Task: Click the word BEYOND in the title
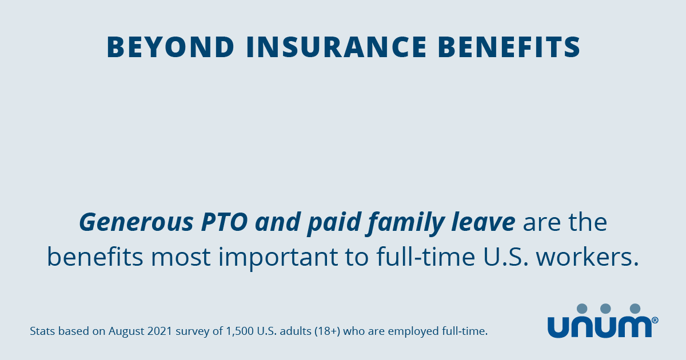(170, 47)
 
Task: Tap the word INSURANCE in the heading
(336, 47)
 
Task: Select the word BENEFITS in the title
(509, 47)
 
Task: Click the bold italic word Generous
(136, 222)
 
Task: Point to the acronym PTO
(225, 222)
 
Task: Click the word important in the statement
(278, 258)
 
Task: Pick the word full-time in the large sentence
(426, 256)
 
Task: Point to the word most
(181, 257)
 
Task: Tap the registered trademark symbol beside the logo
(655, 320)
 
